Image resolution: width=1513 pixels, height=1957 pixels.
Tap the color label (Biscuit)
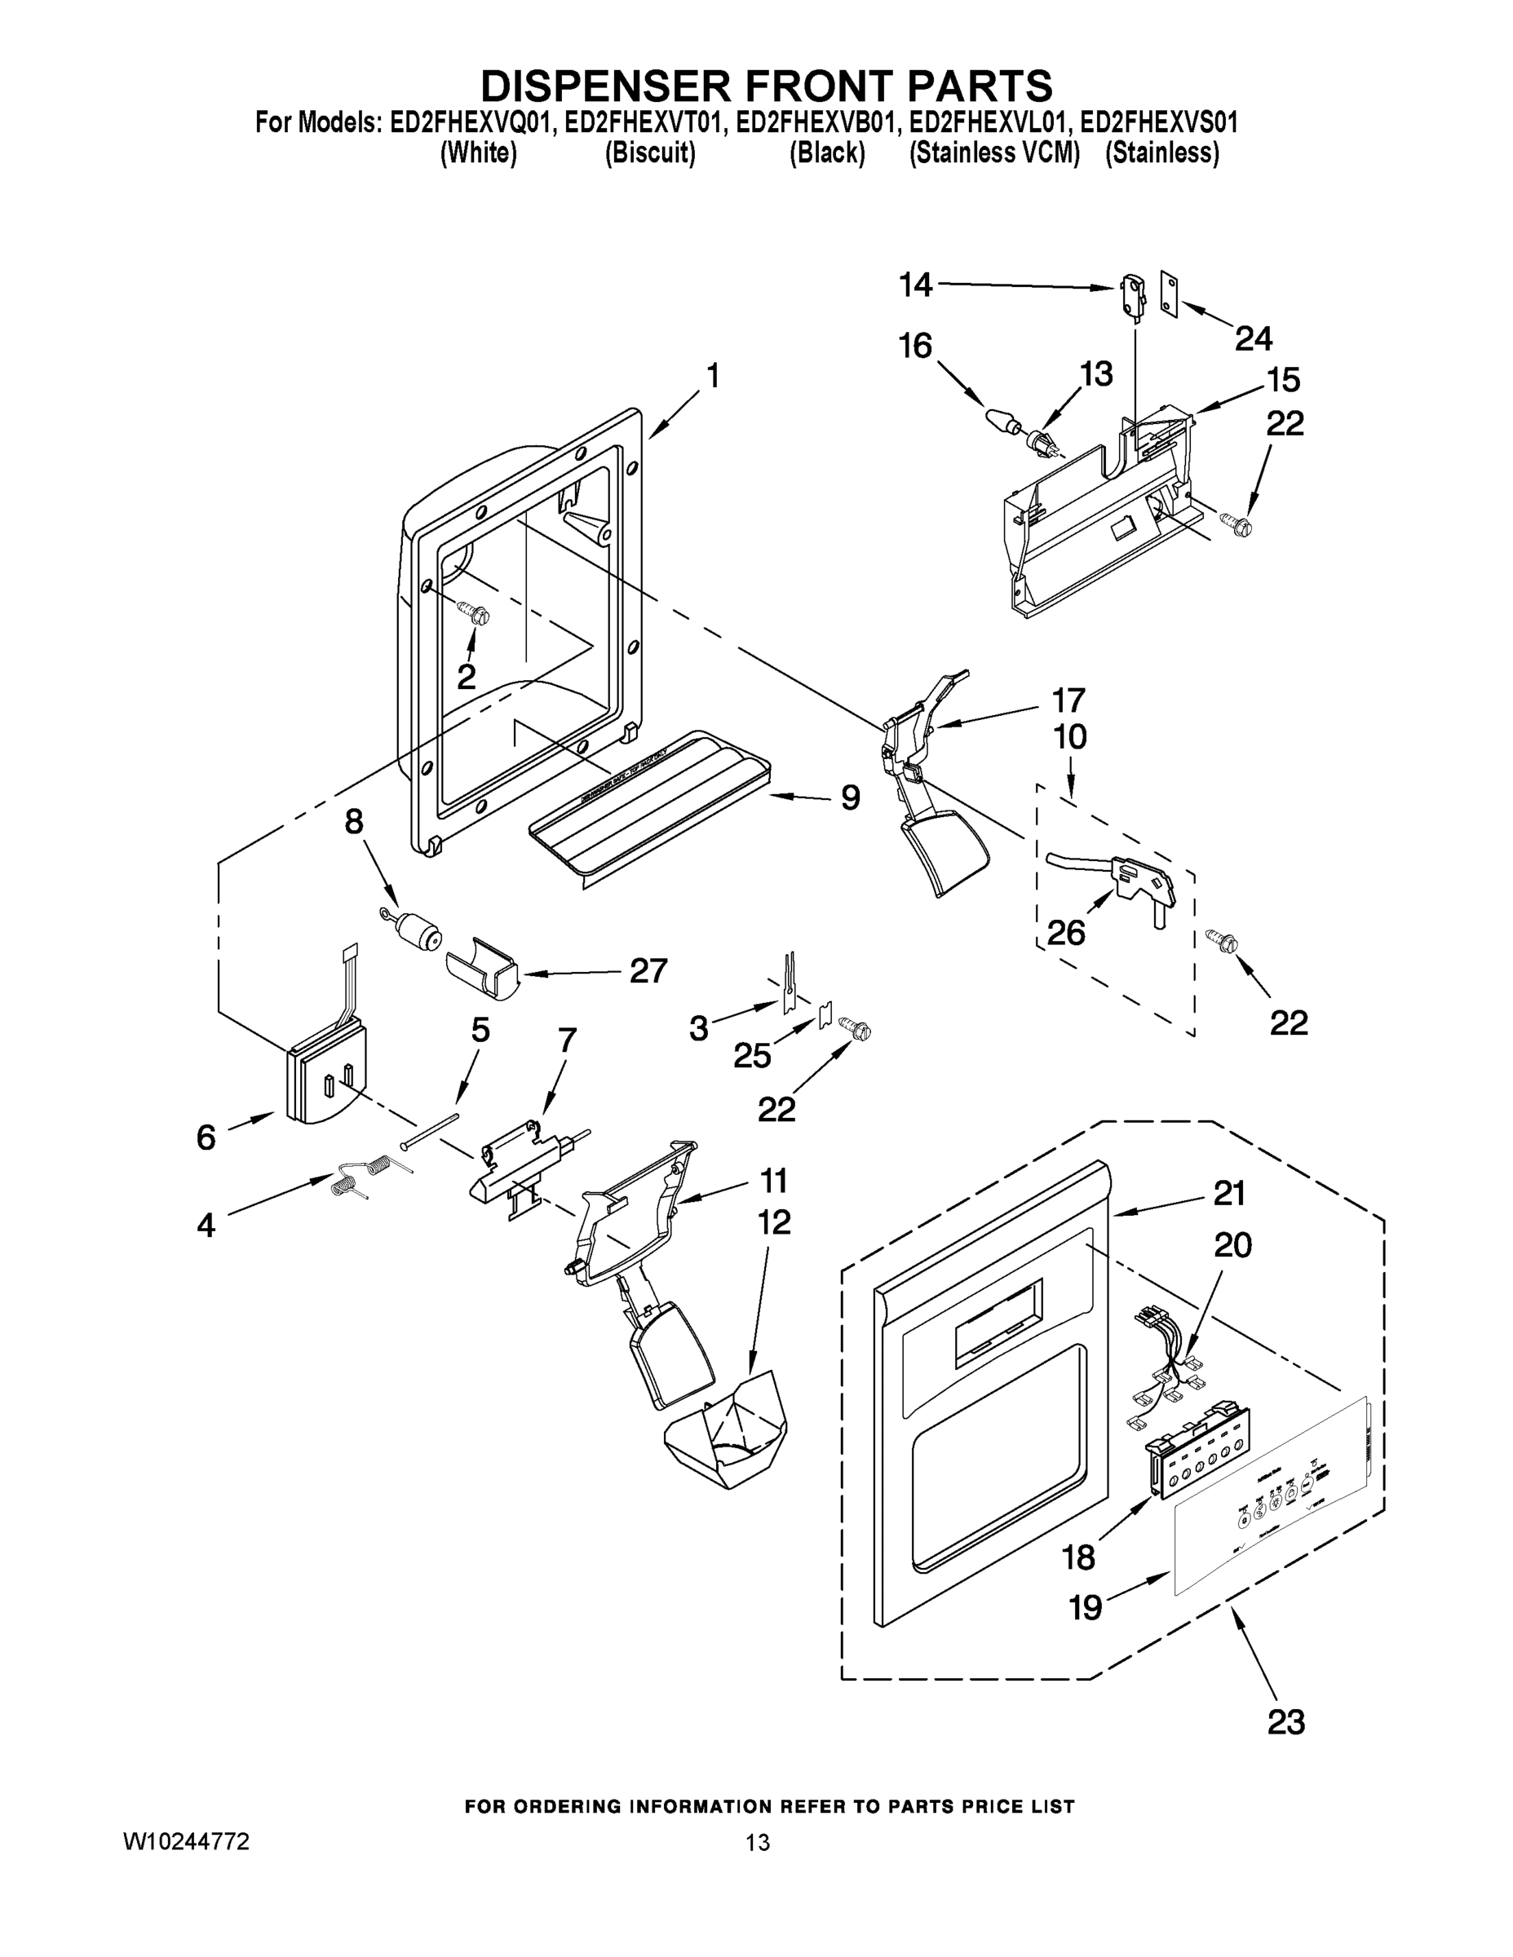[x=650, y=153]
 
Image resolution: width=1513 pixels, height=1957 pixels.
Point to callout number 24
[x=1253, y=338]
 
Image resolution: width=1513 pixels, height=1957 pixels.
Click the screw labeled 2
[x=474, y=613]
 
